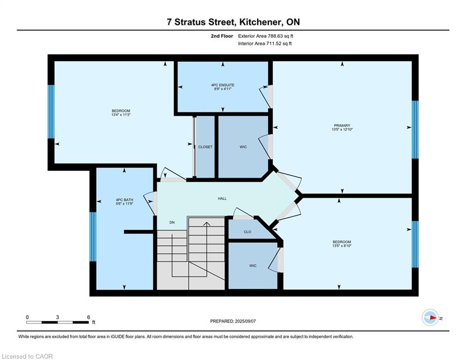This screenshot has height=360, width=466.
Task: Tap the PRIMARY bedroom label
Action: [x=342, y=126]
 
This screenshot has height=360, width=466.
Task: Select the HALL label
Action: [x=222, y=198]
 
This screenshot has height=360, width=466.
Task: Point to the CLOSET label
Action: [x=205, y=147]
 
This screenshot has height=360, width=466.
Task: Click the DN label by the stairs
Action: [x=172, y=222]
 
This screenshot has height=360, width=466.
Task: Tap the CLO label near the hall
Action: [x=247, y=232]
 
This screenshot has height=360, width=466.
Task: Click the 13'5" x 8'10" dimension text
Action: [x=342, y=246]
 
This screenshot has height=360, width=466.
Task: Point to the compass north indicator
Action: [x=430, y=318]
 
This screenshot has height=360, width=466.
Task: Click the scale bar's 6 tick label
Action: [x=88, y=317]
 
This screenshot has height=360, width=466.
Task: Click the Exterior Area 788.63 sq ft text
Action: [x=266, y=36]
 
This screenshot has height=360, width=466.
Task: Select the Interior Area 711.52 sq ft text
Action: [x=266, y=44]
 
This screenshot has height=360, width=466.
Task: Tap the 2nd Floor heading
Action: [x=222, y=36]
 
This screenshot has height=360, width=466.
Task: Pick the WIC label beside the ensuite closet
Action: [x=243, y=147]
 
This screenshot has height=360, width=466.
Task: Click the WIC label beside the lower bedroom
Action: [x=252, y=266]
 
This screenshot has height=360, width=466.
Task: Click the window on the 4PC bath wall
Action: [x=93, y=237]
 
